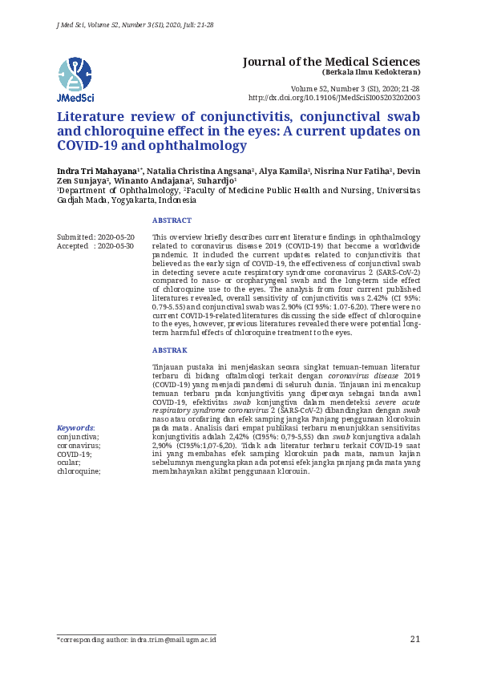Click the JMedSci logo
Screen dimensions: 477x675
click(75, 79)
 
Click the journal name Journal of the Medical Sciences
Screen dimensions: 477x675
click(331, 62)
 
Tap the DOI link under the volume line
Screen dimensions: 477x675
click(334, 98)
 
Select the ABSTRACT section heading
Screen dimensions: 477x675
click(172, 220)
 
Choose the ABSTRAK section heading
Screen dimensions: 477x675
click(169, 350)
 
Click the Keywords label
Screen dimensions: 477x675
click(75, 428)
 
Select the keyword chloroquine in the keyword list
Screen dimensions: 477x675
click(79, 471)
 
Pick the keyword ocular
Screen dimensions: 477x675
click(69, 463)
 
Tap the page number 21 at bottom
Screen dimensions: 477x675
click(414, 639)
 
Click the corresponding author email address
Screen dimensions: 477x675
click(173, 640)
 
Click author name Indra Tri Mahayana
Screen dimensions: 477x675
click(97, 172)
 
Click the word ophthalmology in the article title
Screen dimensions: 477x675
click(199, 147)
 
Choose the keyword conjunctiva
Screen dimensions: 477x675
click(79, 437)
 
